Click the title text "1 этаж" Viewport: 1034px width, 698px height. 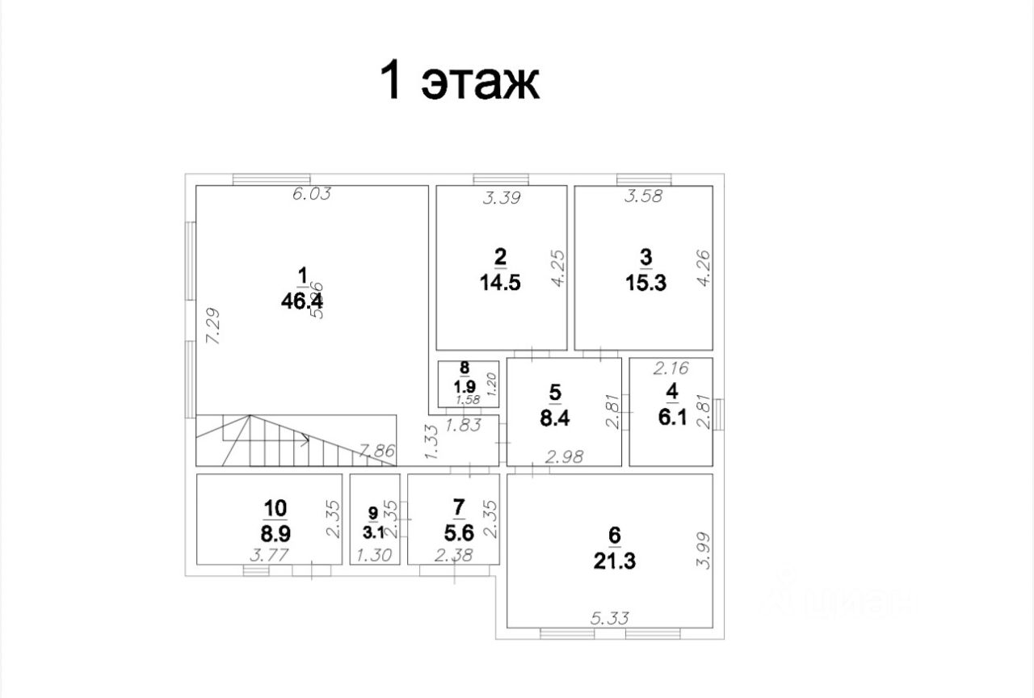pos(460,81)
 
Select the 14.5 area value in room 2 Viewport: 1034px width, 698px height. pos(500,284)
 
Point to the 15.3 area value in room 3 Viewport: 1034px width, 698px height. pos(645,284)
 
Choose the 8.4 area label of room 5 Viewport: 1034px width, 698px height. pos(554,419)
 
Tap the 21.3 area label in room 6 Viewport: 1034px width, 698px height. pos(614,560)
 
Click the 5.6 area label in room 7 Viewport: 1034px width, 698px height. pos(458,533)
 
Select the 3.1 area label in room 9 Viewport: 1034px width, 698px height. pos(372,532)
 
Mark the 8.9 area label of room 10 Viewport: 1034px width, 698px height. pos(275,533)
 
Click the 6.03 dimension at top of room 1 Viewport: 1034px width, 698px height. pos(313,195)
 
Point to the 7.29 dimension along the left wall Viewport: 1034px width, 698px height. pos(213,326)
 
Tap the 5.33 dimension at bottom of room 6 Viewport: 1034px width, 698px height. pos(611,620)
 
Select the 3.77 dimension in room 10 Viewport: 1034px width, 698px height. pos(270,556)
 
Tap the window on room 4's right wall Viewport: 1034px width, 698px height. pos(719,411)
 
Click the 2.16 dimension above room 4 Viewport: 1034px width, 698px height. pos(670,368)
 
